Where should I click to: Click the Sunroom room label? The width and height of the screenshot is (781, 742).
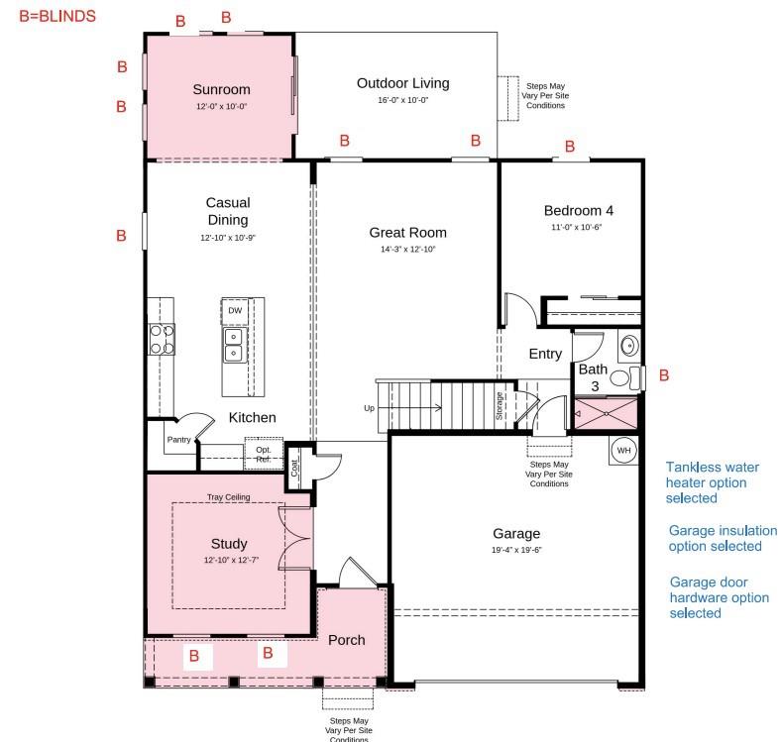pos(221,89)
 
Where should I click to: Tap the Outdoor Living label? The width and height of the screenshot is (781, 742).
pos(402,83)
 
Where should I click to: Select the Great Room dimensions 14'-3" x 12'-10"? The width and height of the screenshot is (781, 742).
pos(407,250)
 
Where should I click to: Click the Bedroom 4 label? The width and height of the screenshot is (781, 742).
pos(579,210)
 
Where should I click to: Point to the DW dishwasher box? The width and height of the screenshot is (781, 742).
pos(235,311)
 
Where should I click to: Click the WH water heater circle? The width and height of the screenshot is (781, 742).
pos(623,450)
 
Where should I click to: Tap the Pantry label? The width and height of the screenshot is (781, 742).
pos(178,440)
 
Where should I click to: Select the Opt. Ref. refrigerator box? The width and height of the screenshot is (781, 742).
pos(264,454)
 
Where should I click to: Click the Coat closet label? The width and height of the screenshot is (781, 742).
pos(294,466)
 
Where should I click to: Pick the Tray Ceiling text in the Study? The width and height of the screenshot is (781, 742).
pos(228,497)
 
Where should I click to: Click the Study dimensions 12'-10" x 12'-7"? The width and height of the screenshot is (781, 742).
pos(229,561)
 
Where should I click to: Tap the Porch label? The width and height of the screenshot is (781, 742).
pos(347,640)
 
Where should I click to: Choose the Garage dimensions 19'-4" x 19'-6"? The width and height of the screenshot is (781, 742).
pos(516,550)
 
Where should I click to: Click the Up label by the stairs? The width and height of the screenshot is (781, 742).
pos(370,408)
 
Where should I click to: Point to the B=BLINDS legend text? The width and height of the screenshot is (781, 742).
pos(57,16)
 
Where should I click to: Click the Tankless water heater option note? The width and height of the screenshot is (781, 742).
pos(706,482)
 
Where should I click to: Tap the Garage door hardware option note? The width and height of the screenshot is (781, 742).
pos(719,597)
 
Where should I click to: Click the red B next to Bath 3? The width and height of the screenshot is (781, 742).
pos(664,375)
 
